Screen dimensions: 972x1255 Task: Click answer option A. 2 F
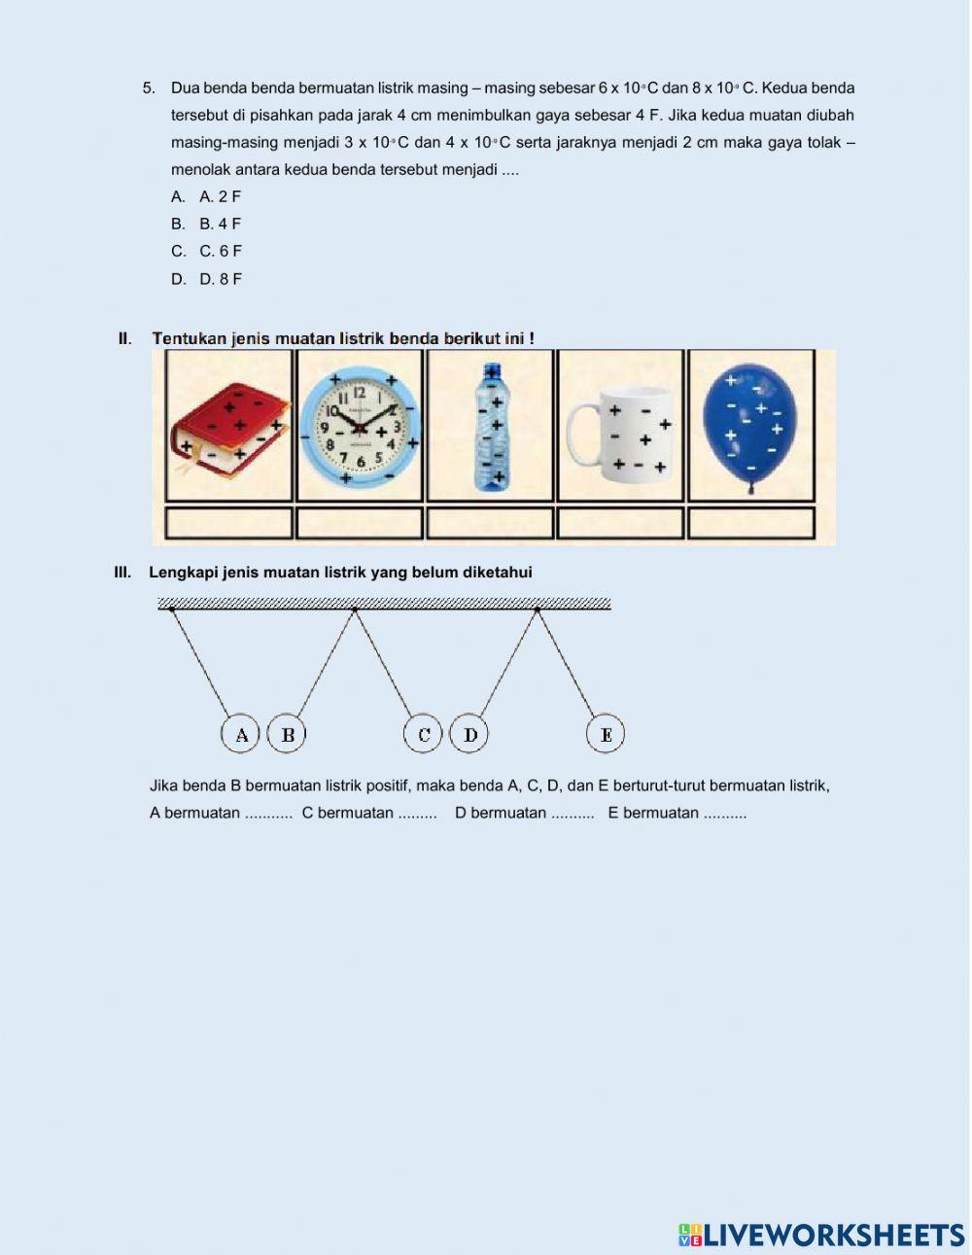220,196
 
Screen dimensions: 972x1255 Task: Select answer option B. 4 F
220,224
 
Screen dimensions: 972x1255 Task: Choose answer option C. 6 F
221,251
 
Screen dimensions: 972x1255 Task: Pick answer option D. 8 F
221,279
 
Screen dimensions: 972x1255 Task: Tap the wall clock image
360,427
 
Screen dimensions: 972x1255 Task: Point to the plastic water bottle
491,428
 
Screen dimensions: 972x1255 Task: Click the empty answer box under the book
229,523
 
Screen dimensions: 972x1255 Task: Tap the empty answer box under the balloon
750,523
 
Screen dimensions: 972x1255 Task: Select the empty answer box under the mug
620,523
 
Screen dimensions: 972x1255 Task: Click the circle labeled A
241,734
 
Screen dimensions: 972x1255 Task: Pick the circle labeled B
287,734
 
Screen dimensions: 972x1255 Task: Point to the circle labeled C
423,734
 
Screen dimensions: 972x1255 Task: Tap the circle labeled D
469,734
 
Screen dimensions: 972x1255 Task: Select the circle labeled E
606,734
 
